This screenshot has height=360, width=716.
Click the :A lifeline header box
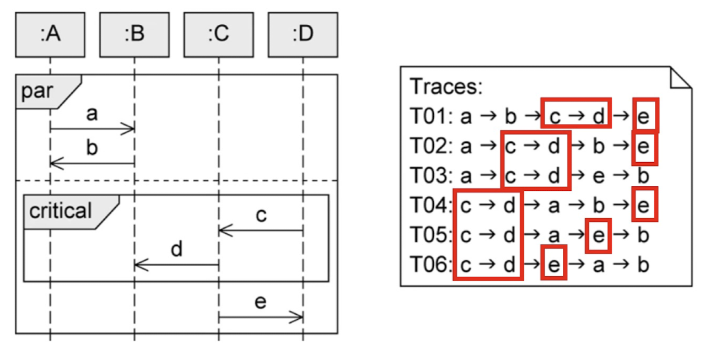coord(50,35)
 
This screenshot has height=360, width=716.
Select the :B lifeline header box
coord(134,35)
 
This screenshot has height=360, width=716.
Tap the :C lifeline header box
coord(218,35)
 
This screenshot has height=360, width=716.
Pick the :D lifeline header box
coord(303,35)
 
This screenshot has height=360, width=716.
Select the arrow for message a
coord(92,130)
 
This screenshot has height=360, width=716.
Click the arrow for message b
coord(92,163)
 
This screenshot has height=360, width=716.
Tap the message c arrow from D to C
coord(261,230)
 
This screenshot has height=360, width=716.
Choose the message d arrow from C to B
coord(176,265)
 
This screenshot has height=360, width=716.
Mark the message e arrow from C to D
coord(261,317)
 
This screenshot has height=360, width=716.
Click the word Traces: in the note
coord(446,87)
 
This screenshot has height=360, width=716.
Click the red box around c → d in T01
coord(575,113)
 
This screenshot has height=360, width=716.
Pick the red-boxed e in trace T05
coord(599,235)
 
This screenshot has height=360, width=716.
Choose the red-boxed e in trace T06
coord(554,265)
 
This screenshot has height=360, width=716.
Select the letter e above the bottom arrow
coord(261,302)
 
